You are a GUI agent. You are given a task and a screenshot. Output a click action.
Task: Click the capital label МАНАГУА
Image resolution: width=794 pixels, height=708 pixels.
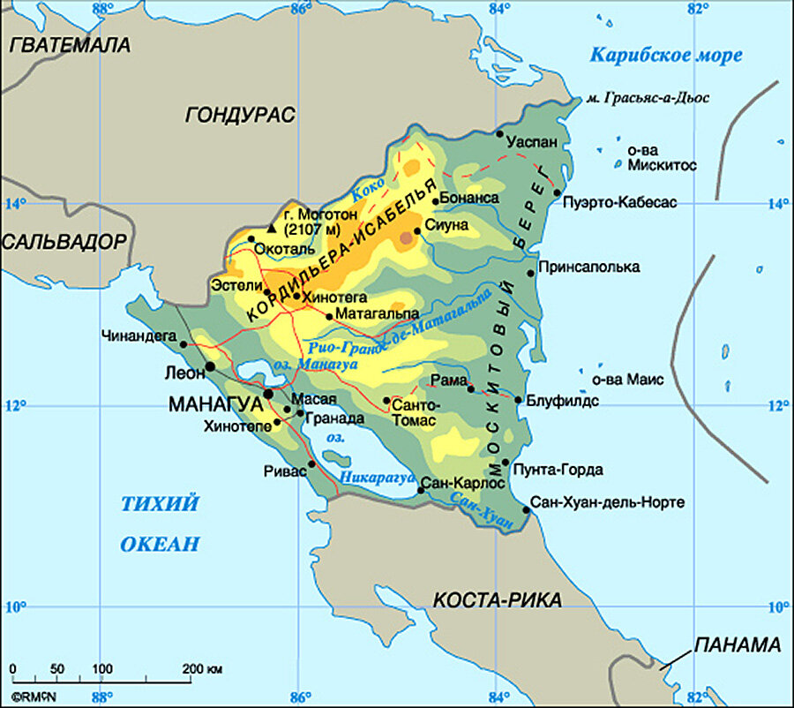tap(215, 403)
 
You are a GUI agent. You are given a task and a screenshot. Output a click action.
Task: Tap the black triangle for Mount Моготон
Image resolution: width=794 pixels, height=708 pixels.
tap(272, 228)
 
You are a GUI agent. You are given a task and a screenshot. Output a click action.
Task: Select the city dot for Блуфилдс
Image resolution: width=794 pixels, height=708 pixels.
tap(519, 400)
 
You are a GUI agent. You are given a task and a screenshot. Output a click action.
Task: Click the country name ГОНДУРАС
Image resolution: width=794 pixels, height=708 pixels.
tap(240, 114)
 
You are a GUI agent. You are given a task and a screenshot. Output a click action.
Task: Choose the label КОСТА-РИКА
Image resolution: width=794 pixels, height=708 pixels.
tap(497, 600)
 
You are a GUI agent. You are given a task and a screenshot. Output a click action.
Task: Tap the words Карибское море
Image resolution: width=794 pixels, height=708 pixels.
tap(665, 55)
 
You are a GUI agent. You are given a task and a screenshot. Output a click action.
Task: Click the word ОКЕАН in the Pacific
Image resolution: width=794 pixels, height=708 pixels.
tap(160, 544)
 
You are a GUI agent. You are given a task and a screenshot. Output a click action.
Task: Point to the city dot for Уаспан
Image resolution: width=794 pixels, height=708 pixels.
tap(499, 134)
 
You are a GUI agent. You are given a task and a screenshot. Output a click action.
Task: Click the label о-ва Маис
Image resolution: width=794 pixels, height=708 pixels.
tap(627, 380)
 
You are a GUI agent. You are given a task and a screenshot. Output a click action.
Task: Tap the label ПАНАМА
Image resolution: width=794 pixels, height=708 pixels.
tap(738, 644)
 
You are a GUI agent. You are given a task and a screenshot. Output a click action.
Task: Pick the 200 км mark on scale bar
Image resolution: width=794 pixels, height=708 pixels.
tap(203, 669)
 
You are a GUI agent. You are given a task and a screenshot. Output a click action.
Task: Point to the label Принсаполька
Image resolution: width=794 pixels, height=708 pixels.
tap(588, 267)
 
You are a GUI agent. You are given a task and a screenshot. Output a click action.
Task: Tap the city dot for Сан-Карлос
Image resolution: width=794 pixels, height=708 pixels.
tap(421, 491)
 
